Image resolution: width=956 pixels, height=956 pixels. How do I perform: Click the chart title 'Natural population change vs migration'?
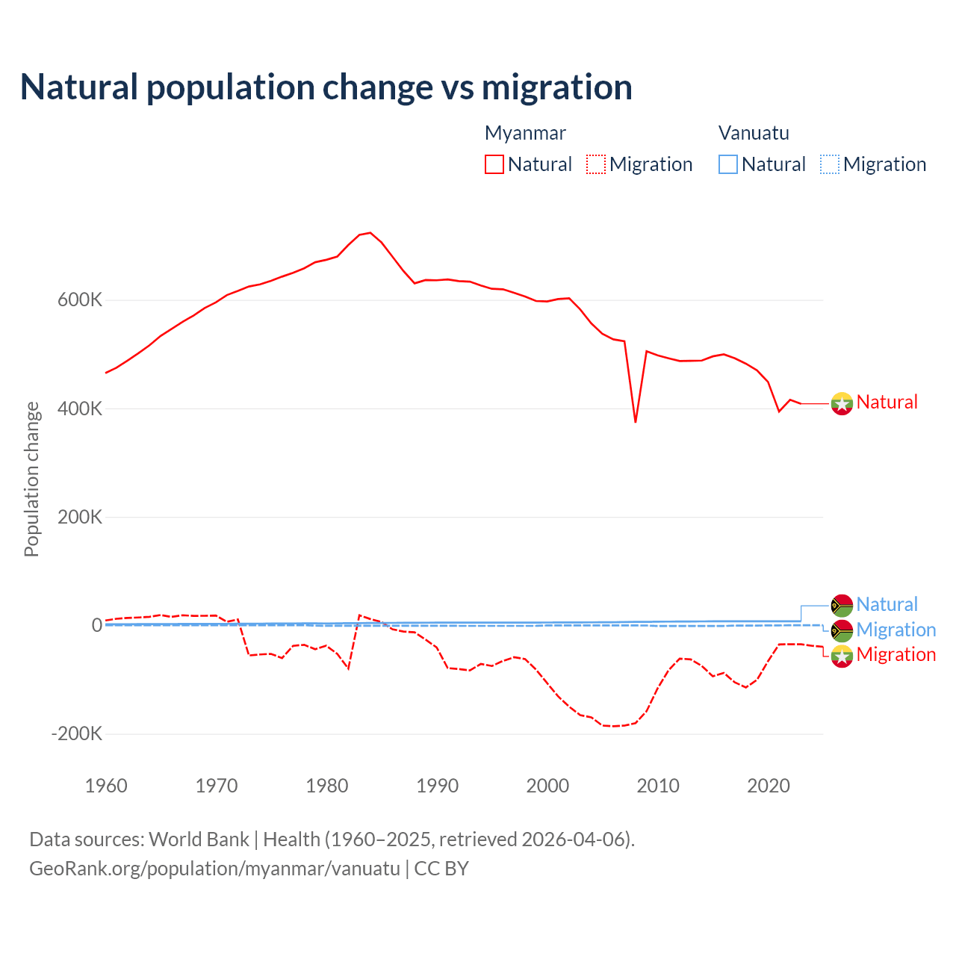(326, 87)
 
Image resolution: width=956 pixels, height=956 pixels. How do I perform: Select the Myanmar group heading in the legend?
(525, 133)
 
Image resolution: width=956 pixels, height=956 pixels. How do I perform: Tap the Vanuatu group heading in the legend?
(754, 133)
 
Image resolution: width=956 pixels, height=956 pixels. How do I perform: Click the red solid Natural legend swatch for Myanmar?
(494, 164)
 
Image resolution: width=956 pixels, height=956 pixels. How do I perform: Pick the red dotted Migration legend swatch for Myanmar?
(596, 164)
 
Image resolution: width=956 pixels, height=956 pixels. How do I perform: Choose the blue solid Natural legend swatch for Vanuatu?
(728, 164)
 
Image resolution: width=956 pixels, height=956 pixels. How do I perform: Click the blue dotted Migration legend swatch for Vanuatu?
(830, 164)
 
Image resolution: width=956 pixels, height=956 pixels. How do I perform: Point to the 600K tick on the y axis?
(80, 300)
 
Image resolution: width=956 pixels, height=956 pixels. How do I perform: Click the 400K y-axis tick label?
(80, 409)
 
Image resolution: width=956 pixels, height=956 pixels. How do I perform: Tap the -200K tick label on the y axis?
(77, 733)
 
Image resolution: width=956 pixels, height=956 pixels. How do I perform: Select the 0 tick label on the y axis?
(96, 625)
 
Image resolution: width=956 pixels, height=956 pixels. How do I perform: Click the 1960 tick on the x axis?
(106, 786)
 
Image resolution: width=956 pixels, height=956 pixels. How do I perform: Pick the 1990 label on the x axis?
(438, 786)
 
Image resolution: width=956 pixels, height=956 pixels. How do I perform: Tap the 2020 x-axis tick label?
(769, 786)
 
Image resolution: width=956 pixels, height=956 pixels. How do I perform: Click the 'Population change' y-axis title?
(31, 479)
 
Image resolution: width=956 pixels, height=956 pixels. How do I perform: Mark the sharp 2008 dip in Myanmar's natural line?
(636, 422)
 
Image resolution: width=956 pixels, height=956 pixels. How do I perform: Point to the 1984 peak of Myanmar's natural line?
(370, 233)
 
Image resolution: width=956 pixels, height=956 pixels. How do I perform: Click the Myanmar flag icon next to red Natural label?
(842, 403)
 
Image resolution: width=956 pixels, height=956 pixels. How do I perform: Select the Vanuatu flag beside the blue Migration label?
(842, 630)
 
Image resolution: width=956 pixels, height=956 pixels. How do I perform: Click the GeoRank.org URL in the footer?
(214, 869)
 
